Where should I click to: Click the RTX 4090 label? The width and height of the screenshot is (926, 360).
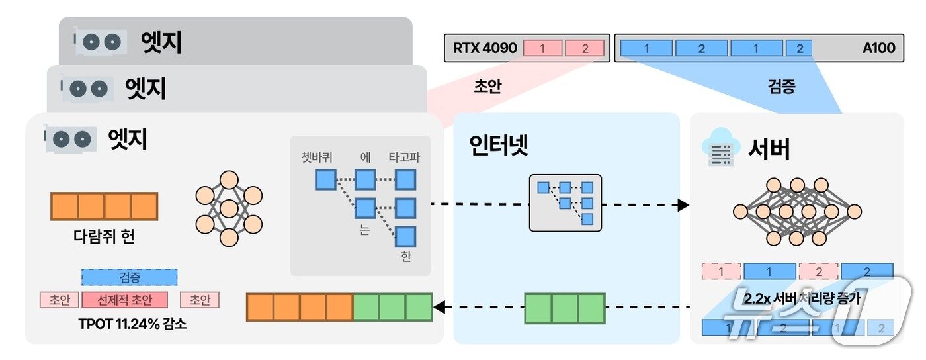point(484,48)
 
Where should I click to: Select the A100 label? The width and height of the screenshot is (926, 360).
point(878,48)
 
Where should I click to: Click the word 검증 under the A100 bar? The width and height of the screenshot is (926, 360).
point(781,87)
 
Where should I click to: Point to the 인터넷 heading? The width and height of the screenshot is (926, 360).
point(499,146)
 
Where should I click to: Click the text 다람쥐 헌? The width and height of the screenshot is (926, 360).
point(104,237)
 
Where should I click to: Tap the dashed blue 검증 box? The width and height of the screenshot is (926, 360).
point(130,277)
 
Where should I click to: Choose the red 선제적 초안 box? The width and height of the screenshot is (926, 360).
point(124,300)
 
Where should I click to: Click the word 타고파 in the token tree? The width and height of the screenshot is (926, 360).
point(405,157)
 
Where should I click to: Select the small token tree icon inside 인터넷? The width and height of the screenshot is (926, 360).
point(566,202)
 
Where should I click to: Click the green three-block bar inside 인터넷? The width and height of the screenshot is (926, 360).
point(564,308)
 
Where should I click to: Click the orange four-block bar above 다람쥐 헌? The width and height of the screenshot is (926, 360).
point(104,206)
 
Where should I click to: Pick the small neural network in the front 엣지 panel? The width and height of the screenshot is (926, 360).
point(229,208)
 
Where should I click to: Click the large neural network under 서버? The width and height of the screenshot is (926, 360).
point(797,212)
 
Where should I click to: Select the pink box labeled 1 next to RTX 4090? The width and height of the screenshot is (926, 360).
point(542,48)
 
